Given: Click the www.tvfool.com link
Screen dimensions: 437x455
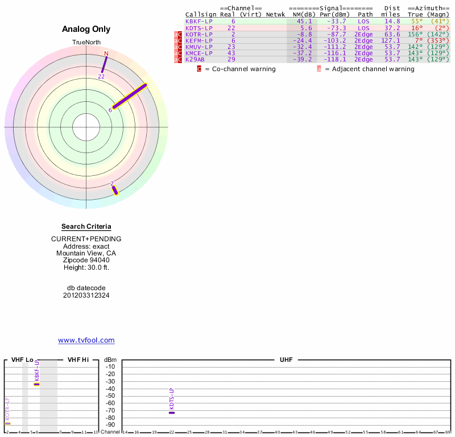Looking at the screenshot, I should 86,340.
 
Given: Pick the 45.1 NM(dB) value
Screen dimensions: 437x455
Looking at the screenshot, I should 304,21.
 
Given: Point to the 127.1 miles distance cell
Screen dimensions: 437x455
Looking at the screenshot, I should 391,40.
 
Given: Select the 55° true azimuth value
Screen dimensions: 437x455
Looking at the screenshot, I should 417,21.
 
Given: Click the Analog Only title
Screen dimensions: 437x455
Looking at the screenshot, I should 86,29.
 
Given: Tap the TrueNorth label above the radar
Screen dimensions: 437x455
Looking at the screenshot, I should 86,43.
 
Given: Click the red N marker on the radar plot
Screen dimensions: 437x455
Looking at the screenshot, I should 106,53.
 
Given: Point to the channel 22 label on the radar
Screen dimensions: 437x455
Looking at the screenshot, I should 101,76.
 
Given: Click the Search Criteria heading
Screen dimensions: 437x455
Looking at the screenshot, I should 86,226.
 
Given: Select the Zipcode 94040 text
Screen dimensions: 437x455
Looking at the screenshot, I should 86,260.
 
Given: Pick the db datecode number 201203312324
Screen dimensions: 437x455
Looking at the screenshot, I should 86,295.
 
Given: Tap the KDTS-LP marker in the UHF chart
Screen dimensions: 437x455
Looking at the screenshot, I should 172,412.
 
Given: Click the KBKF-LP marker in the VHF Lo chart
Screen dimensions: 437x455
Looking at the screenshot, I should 36,384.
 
